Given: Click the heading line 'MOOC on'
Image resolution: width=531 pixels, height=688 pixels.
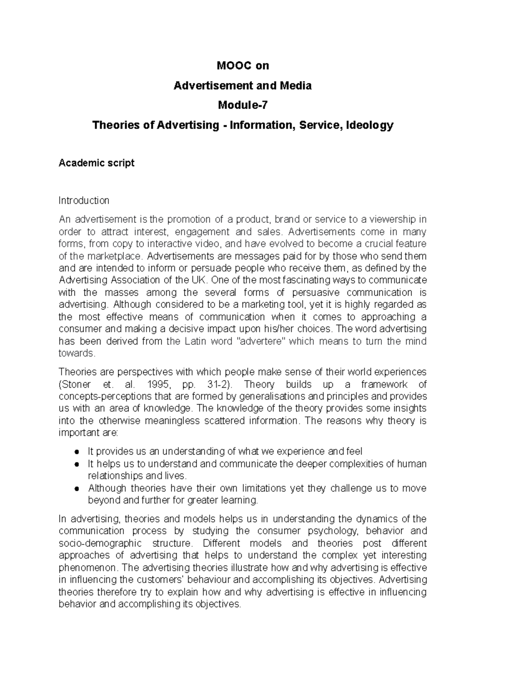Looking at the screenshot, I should pyautogui.click(x=242, y=66).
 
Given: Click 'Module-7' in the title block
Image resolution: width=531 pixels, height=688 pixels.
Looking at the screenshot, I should pyautogui.click(x=242, y=105).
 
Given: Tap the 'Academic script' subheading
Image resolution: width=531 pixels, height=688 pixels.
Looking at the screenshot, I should pyautogui.click(x=96, y=163).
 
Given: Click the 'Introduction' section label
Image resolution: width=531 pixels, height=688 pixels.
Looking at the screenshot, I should pyautogui.click(x=84, y=201).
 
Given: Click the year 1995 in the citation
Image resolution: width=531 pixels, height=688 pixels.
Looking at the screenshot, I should pyautogui.click(x=158, y=384).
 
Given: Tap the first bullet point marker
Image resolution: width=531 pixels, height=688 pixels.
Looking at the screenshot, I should pyautogui.click(x=77, y=452).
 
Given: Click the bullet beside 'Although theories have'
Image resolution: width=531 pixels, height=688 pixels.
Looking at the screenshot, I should pyautogui.click(x=77, y=489).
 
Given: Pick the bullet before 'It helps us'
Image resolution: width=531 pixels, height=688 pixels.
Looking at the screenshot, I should pyautogui.click(x=77, y=464).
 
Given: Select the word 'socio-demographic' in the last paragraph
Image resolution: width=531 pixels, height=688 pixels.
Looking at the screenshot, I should pyautogui.click(x=100, y=544).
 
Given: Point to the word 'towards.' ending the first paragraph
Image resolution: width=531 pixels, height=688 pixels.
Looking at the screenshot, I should pyautogui.click(x=77, y=354).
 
